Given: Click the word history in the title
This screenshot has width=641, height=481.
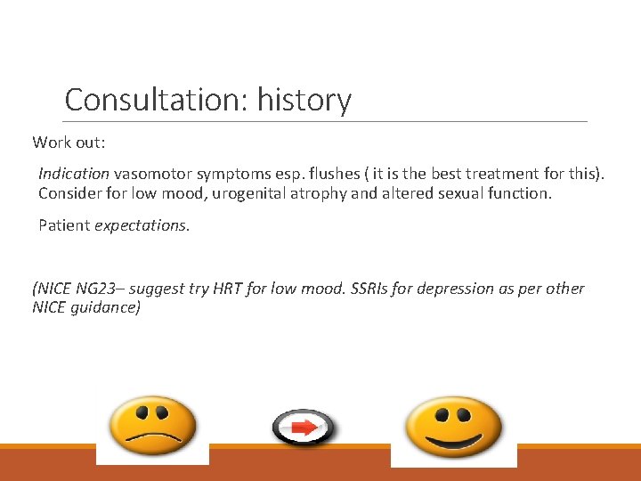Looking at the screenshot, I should (x=304, y=99).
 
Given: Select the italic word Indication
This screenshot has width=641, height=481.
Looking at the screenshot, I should (x=74, y=173).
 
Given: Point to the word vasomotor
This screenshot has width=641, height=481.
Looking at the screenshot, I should (x=153, y=173).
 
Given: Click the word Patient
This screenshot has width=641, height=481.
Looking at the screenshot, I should (x=64, y=225).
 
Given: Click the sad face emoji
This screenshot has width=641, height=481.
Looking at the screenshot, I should (x=152, y=426).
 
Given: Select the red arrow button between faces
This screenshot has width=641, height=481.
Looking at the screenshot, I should (x=304, y=428).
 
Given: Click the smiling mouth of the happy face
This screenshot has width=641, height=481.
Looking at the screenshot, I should (x=453, y=442).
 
